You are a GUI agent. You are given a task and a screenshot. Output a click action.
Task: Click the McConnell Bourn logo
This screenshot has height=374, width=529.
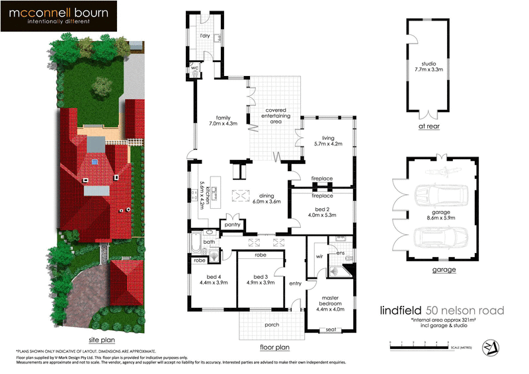click(x=59, y=17)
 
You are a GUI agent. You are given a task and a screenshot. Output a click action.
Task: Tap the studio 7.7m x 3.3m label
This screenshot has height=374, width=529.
click(x=434, y=65)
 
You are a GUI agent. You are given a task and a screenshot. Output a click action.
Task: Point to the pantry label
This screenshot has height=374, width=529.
click(x=232, y=225)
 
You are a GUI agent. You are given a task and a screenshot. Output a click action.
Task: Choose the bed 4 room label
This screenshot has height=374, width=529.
click(x=214, y=280)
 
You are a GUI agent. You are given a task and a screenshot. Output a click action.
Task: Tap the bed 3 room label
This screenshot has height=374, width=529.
click(x=259, y=280)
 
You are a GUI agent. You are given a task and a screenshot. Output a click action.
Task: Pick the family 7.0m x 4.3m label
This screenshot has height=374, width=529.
click(x=222, y=120)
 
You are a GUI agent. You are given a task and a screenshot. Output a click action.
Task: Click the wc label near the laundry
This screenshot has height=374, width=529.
click(x=195, y=67)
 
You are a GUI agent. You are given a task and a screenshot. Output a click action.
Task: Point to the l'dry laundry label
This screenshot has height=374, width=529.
click(x=205, y=35)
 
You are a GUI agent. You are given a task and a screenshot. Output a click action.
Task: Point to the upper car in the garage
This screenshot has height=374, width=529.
click(x=442, y=196)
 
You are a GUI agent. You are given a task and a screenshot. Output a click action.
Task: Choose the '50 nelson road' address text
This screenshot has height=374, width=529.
click(x=466, y=311)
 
